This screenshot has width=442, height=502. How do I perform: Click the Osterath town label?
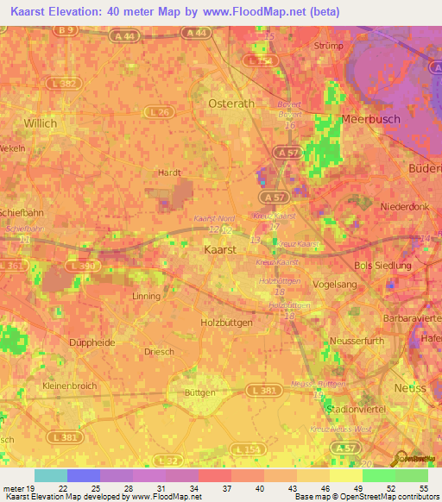pos(230,103)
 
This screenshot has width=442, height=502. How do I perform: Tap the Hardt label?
pos(168,173)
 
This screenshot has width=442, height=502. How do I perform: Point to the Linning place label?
pos(146,297)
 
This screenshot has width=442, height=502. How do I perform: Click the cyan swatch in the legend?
pos(51,475)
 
